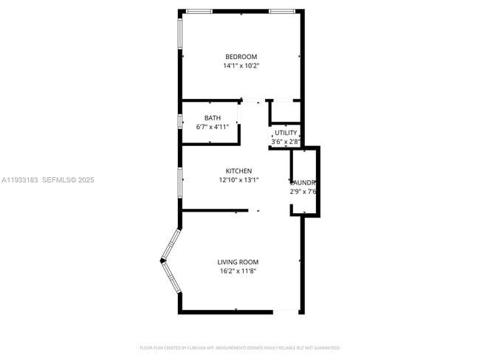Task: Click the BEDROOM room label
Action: [x=241, y=57]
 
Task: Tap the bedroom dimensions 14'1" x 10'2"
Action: [x=241, y=66]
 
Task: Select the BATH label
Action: [x=213, y=118]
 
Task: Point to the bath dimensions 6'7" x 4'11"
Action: [x=213, y=127]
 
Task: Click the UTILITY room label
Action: [x=286, y=133]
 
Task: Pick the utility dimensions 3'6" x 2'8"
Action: [x=286, y=141]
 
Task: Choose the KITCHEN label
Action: [x=239, y=170]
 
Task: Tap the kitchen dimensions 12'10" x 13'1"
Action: [x=239, y=179]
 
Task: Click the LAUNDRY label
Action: [x=304, y=182]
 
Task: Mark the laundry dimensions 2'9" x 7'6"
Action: [x=304, y=191]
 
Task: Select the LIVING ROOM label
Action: [x=238, y=262]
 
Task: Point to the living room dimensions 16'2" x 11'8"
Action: [x=238, y=271]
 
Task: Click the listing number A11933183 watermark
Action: [x=20, y=179]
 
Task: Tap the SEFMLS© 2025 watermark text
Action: [x=68, y=179]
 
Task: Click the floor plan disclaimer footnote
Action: [x=240, y=347]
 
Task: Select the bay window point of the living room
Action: [x=162, y=260]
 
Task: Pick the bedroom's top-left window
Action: [x=199, y=11]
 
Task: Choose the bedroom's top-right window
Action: [x=281, y=11]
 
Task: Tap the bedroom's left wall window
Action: [x=179, y=34]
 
